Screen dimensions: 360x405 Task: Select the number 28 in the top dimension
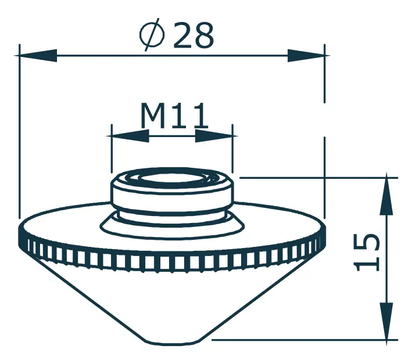pos(193,37)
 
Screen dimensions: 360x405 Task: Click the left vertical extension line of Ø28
pos(20,134)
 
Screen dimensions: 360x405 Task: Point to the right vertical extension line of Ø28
pos(325,134)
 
